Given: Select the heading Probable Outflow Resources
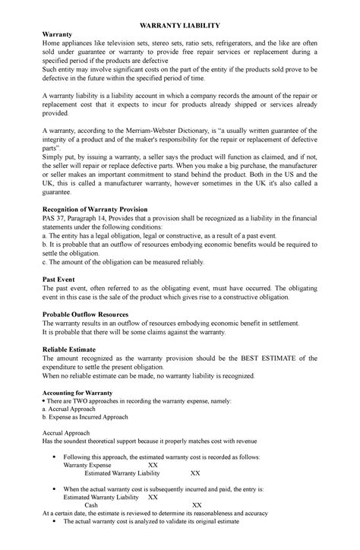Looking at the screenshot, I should [85, 314].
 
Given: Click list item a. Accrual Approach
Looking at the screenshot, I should [64, 409].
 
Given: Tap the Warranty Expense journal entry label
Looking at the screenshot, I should [87, 464].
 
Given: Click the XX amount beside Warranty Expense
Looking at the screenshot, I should [153, 464].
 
